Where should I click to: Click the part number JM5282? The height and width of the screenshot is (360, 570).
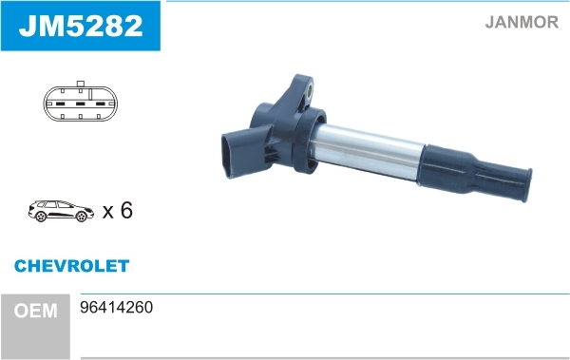[x=81, y=26]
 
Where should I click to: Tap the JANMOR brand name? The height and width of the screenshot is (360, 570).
[x=522, y=22]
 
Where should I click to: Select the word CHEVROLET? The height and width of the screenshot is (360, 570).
[x=71, y=266]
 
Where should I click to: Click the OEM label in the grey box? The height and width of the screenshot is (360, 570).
[x=36, y=311]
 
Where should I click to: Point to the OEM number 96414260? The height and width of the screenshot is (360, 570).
[x=116, y=307]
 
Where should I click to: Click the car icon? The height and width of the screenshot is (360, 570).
[x=61, y=211]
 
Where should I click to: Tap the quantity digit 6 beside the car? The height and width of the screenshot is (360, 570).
[x=126, y=210]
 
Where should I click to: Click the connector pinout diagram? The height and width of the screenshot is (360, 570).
[x=81, y=102]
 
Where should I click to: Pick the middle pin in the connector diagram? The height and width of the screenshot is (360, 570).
[x=81, y=104]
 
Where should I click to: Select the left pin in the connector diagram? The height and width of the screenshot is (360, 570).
[x=61, y=104]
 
